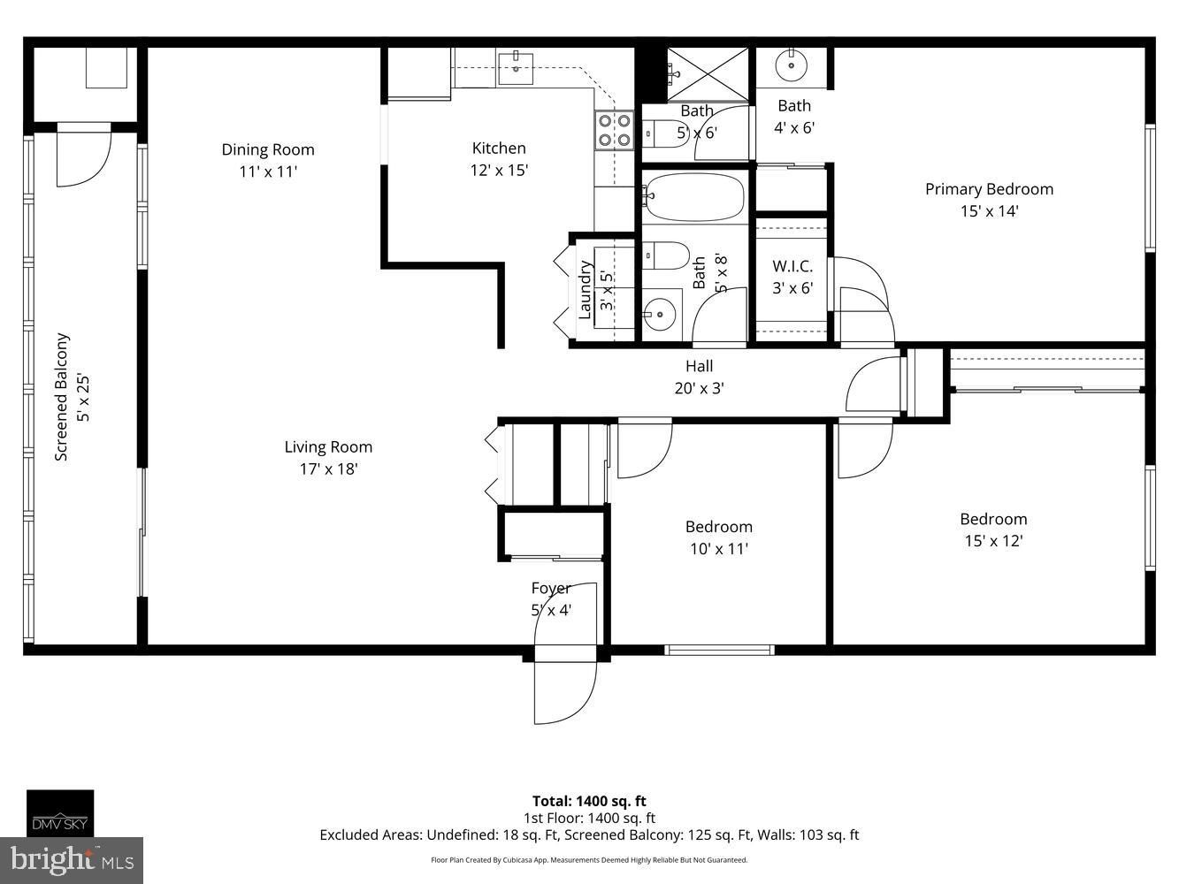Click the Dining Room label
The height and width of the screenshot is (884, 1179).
click(268, 149)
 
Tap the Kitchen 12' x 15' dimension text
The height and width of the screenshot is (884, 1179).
click(499, 170)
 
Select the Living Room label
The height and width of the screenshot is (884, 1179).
click(328, 446)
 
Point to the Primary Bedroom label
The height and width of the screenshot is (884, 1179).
click(989, 189)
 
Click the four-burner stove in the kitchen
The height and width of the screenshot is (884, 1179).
click(615, 130)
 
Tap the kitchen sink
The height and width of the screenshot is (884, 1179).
click(516, 69)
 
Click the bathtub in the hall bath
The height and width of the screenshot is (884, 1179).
click(695, 196)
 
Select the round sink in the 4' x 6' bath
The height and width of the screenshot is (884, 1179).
click(792, 65)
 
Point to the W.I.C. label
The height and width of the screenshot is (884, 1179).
click(792, 266)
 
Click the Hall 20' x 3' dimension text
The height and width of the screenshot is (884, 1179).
click(700, 388)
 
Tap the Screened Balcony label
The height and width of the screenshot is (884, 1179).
click(61, 397)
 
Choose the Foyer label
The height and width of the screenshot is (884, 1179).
click(550, 588)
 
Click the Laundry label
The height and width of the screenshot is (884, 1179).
click(585, 290)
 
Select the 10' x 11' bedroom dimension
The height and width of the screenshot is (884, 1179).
click(719, 549)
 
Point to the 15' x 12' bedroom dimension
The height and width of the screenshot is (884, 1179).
click(993, 540)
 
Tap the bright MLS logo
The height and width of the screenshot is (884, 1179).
click(72, 860)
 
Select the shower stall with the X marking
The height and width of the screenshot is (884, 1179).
click(708, 74)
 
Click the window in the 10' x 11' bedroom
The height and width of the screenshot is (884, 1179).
click(719, 650)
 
